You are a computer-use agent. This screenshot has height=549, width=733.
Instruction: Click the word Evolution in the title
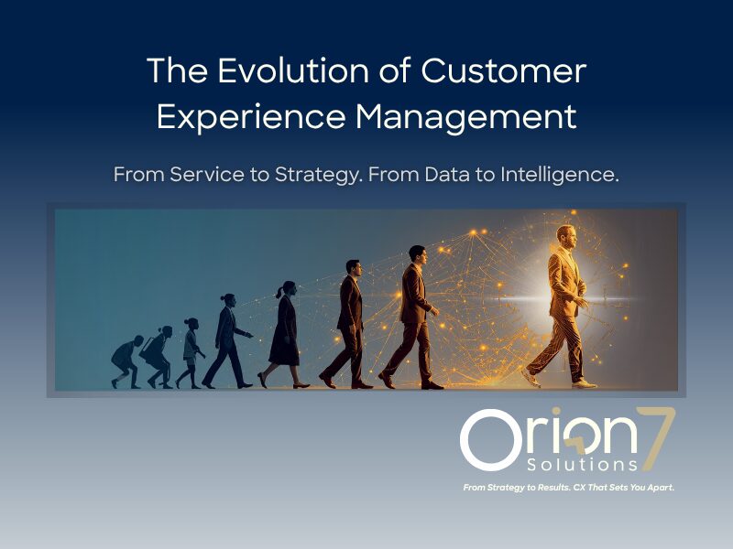(292, 70)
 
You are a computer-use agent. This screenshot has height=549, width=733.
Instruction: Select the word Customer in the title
(503, 70)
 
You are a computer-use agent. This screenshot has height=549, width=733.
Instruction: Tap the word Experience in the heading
(251, 117)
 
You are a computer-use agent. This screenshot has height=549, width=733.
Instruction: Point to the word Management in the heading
(466, 117)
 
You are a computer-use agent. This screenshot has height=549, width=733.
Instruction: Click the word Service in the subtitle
(207, 175)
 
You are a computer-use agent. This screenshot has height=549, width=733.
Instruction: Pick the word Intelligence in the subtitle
(560, 175)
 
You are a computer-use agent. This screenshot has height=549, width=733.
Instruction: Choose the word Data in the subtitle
(447, 175)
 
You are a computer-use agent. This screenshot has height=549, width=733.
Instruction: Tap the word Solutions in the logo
(582, 465)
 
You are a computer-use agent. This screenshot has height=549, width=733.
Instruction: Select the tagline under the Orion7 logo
(568, 488)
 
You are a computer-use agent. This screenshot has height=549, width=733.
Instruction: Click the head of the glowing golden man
(566, 237)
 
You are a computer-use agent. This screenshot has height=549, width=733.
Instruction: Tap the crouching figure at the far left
(126, 361)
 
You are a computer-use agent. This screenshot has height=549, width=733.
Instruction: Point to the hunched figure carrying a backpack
(157, 357)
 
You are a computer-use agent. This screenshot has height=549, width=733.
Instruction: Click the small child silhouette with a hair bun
(191, 353)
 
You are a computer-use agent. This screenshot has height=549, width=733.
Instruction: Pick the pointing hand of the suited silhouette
(249, 335)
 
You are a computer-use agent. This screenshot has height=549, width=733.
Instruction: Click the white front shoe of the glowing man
(585, 384)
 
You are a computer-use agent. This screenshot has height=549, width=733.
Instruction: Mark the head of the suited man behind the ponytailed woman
(354, 268)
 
